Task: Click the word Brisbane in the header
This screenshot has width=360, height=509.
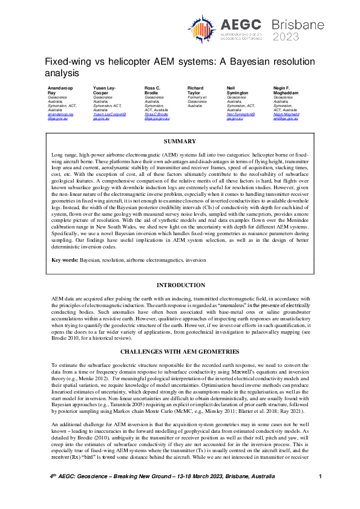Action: tap(294, 25)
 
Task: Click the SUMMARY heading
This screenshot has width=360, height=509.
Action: tap(180, 141)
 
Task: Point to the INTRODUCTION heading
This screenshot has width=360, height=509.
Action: tap(180, 285)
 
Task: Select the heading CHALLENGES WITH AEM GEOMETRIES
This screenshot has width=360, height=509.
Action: tap(180, 351)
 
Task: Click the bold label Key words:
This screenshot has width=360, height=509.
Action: tap(65, 260)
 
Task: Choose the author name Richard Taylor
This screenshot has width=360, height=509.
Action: tap(195, 91)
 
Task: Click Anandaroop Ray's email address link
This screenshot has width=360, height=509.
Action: tap(60, 116)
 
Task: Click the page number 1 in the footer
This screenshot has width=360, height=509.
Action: tap(319, 494)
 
